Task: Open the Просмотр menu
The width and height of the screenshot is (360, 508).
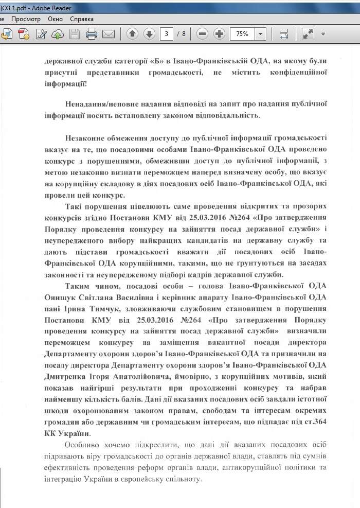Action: tap(26, 19)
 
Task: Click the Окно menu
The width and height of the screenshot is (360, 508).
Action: tap(55, 19)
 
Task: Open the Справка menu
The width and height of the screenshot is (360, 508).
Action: tap(81, 19)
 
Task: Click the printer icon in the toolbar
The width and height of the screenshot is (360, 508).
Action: tap(92, 34)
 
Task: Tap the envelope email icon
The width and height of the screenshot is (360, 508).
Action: tap(108, 34)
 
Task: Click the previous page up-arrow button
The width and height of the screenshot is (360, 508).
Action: tap(132, 34)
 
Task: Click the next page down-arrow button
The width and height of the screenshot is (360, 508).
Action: tap(149, 34)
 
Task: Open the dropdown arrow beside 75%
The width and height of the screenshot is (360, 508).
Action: tap(260, 34)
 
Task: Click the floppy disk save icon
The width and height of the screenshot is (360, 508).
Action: tap(75, 34)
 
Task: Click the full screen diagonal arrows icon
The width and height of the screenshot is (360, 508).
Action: tap(308, 34)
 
